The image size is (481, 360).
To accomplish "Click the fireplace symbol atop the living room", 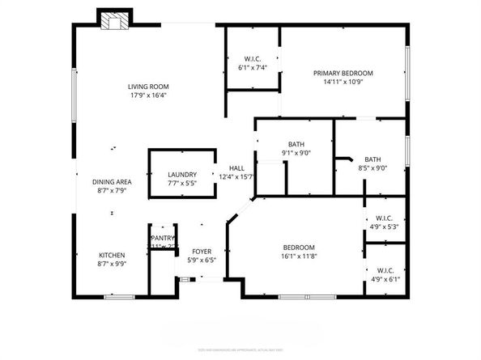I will [113, 21].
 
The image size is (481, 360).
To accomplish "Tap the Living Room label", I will [147, 87].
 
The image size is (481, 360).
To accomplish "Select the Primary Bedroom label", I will [348, 73].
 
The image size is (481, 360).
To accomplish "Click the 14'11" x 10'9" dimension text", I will [348, 83].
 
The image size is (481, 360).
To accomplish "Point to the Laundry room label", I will [182, 175].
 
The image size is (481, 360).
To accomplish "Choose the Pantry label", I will [163, 239].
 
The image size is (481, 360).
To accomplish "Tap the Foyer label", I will [202, 252].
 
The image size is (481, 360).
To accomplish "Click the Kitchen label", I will [112, 254].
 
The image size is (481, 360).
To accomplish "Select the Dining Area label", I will [112, 181].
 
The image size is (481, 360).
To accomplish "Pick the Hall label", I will [236, 168].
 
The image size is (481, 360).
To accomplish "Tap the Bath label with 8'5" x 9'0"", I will [372, 159].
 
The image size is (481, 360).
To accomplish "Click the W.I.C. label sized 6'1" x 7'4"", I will [252, 58].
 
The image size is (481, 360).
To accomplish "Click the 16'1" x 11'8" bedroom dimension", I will [299, 257].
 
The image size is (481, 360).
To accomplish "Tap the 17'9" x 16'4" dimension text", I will [147, 96].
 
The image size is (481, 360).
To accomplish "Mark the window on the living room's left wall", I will [75, 97].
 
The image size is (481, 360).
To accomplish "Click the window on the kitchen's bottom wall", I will [119, 297].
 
